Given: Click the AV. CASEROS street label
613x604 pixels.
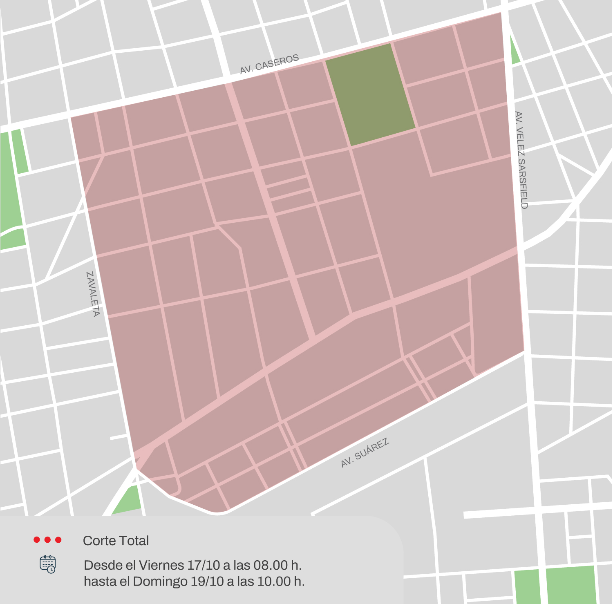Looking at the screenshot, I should [269, 65].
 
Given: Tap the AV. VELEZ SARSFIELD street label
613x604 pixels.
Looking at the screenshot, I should [521, 160].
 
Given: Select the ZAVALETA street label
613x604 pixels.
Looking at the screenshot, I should [93, 294].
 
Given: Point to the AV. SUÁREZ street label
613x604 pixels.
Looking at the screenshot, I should [365, 453].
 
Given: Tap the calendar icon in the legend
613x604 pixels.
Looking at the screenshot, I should [48, 564].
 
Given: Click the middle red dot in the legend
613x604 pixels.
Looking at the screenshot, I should [47, 540].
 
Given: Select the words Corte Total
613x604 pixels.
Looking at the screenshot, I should [116, 541].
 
